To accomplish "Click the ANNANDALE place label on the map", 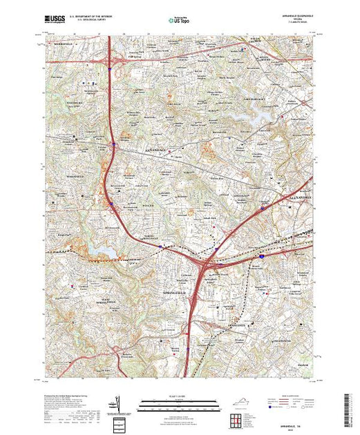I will (x=135, y=148).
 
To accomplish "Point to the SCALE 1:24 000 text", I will (x=180, y=395).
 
